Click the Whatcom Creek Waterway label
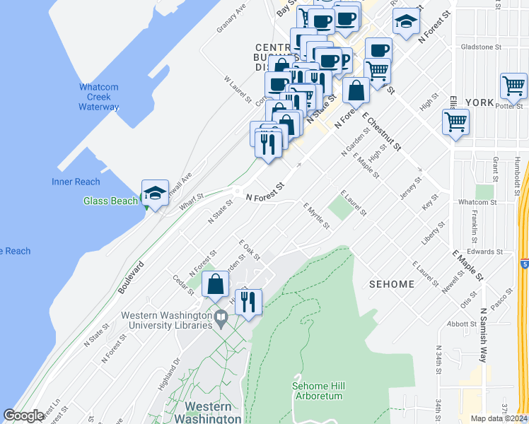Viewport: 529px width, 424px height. click(x=98, y=97)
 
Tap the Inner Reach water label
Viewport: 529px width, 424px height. click(x=76, y=182)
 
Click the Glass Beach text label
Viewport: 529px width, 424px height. click(x=110, y=201)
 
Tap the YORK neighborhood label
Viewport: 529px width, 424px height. click(x=480, y=102)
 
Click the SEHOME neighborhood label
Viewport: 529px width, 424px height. click(x=391, y=284)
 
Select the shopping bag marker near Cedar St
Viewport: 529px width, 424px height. click(x=215, y=284)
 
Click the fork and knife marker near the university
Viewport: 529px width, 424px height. click(x=248, y=302)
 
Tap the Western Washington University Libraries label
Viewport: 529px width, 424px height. click(x=167, y=320)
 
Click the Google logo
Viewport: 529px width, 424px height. click(x=23, y=416)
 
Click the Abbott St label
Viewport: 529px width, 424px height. click(x=463, y=324)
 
